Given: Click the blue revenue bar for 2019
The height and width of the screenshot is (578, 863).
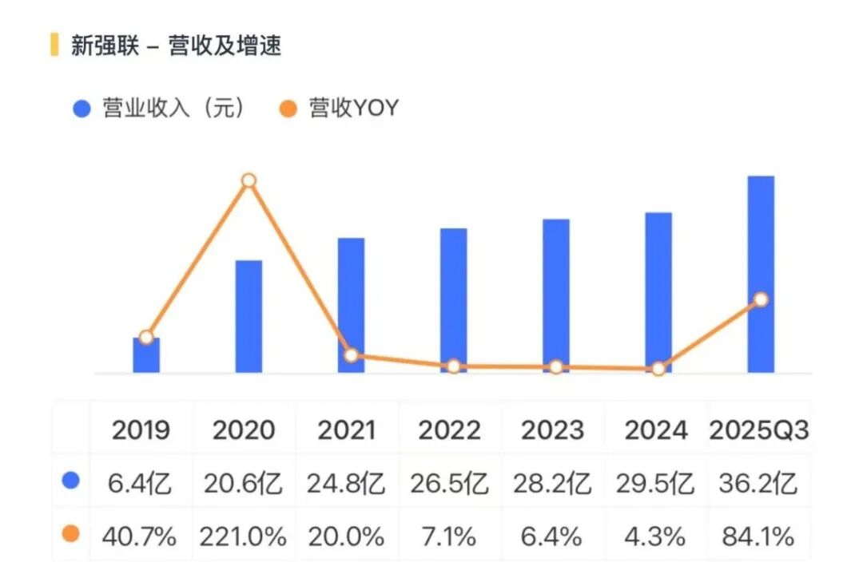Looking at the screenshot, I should pos(146,357).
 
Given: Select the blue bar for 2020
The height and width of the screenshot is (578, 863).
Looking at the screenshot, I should pos(249,317).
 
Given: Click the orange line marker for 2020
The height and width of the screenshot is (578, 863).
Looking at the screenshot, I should pos(249,180).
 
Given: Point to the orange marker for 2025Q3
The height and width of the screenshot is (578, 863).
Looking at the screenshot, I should pos(761,299).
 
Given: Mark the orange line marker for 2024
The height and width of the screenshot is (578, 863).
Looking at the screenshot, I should pos(658,369).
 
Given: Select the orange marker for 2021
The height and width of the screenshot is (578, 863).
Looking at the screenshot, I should pos(351,355).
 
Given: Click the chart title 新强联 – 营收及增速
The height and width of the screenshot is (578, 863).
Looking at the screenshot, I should pos(176,46).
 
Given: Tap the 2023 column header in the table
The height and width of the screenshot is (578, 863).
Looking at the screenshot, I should pos(553,430).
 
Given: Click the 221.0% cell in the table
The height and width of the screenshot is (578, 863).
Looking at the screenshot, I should pos(243,536).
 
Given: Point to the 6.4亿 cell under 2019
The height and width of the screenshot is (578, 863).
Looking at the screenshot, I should pos(141,484).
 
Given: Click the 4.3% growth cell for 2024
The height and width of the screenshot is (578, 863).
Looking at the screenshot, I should pos(656,536).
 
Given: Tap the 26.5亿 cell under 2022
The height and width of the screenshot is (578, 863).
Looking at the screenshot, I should pos(450,484).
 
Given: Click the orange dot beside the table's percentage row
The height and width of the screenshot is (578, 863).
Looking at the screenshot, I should pos(71,534).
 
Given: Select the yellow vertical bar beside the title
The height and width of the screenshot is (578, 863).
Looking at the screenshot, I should pos(54,46).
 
